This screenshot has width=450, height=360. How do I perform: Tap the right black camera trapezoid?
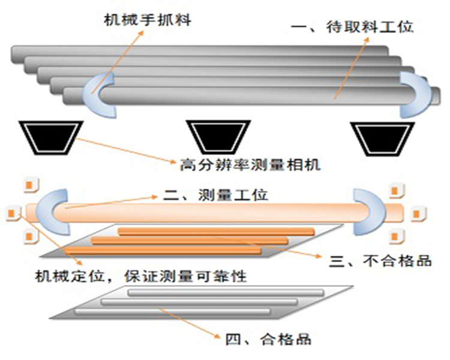click(382, 137)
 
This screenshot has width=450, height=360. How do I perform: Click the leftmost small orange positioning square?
click(10, 212)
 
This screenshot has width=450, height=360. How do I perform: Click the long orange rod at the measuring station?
click(210, 212)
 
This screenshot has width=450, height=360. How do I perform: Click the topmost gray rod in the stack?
click(198, 52)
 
